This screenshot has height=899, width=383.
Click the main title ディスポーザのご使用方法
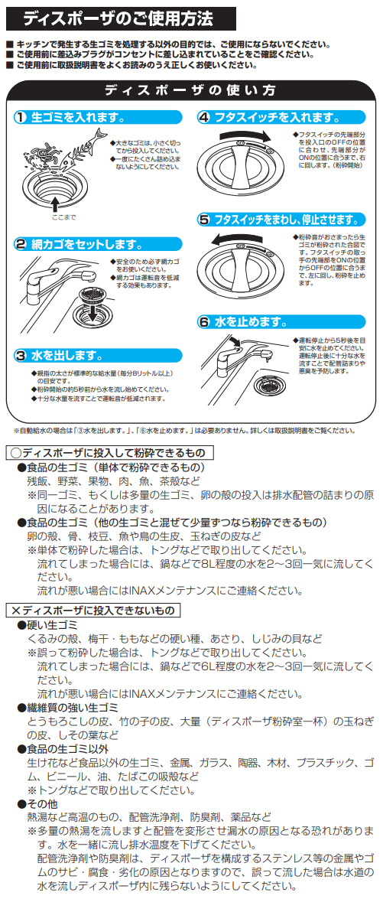point(118,18)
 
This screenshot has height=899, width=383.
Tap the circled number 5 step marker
point(204,220)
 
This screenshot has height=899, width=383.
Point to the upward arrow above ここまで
point(55,204)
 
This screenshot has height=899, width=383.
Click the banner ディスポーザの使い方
point(190,90)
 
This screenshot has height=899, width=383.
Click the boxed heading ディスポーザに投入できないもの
point(93,607)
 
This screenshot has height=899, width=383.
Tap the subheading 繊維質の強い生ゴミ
point(68,705)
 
